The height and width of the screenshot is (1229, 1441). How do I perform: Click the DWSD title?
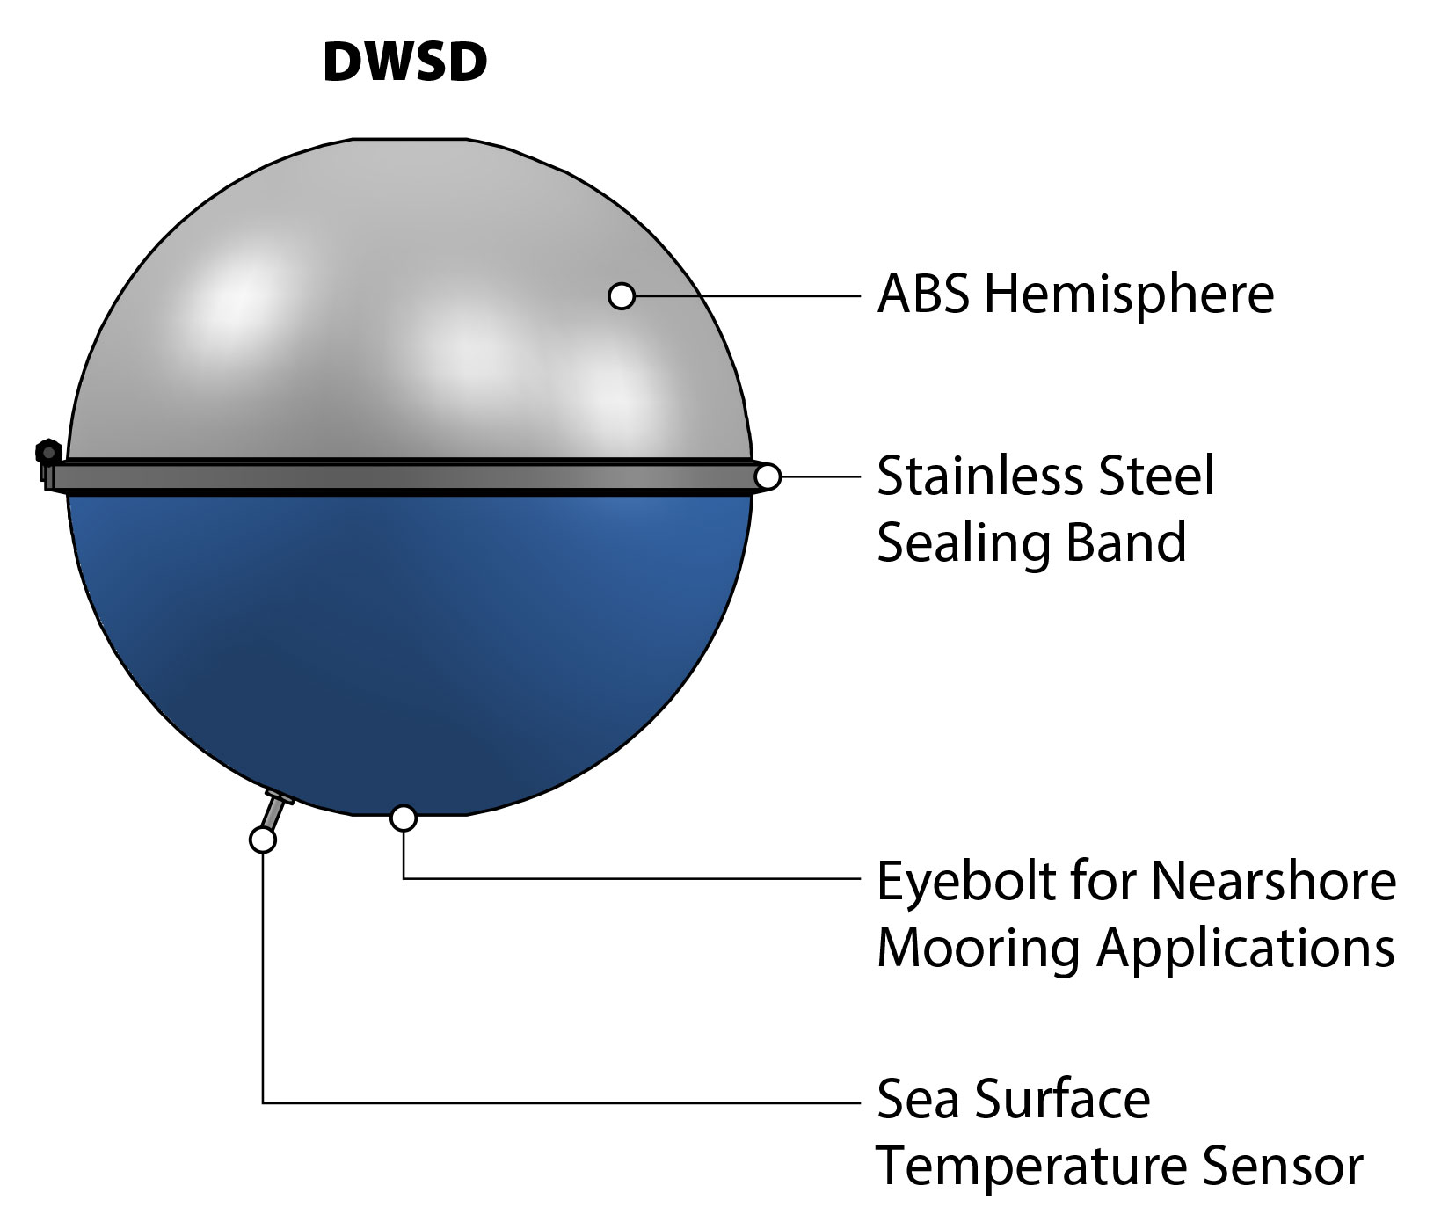click(x=404, y=62)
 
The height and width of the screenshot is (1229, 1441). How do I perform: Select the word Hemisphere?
click(x=1129, y=295)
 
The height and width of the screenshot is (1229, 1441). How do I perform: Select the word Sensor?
click(x=1283, y=1167)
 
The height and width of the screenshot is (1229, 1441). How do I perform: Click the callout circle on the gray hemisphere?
click(x=622, y=296)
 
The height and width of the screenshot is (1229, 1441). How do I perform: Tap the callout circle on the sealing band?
click(x=768, y=477)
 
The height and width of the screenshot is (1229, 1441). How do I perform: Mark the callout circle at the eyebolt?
click(x=404, y=818)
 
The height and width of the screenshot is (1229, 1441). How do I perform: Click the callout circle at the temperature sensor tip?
click(x=262, y=840)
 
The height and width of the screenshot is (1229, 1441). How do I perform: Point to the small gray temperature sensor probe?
click(x=275, y=809)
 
